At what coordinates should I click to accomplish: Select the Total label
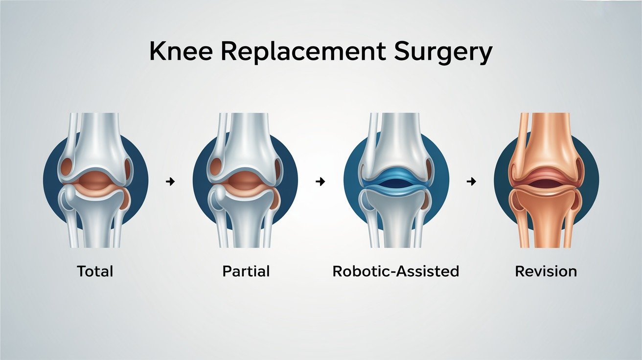tap(95, 271)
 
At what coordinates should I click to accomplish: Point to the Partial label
tap(246, 271)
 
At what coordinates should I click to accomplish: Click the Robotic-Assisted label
tap(395, 271)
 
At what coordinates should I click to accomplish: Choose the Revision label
tap(546, 271)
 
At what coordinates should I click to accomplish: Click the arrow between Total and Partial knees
tap(170, 182)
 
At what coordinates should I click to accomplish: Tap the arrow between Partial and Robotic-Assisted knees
tap(321, 182)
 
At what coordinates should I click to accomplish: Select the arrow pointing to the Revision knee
tap(471, 182)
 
